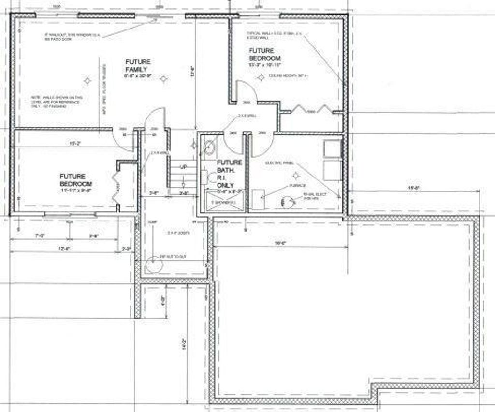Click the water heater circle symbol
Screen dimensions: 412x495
click(288, 202)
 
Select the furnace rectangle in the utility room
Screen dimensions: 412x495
click(258, 199)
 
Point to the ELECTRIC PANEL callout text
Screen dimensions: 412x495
click(279, 163)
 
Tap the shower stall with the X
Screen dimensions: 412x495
click(222, 201)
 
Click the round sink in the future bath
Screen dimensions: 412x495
click(209, 148)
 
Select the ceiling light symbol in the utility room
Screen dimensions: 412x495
click(297, 175)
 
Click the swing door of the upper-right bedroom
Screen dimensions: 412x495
click(247, 92)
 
